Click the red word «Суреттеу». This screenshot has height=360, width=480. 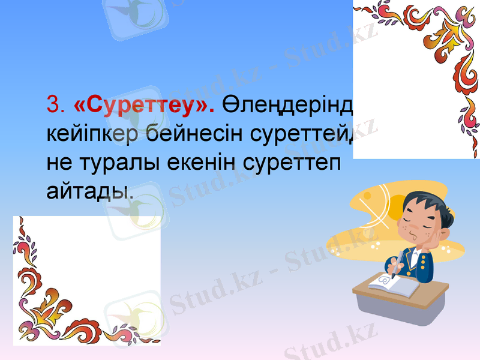tap(144, 105)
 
